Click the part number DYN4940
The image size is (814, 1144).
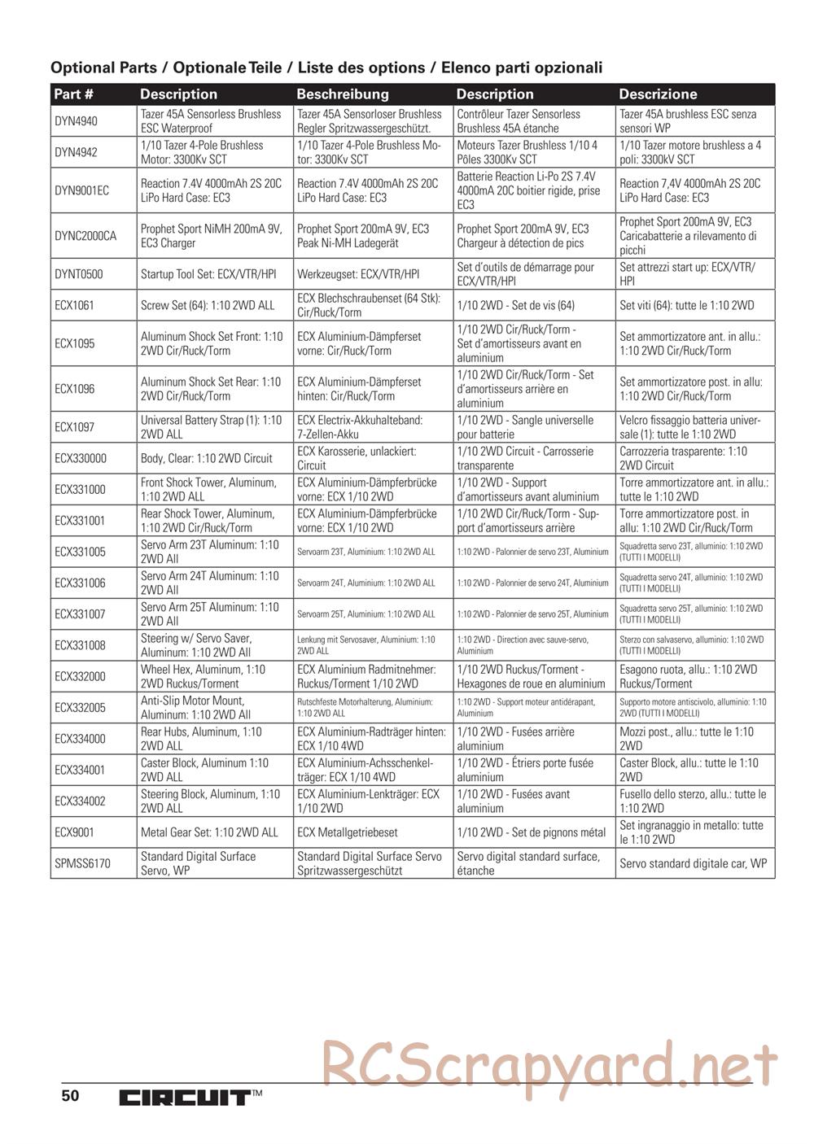pyautogui.click(x=76, y=121)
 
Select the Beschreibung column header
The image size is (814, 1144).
pyautogui.click(x=343, y=94)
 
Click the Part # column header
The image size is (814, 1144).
pyautogui.click(x=74, y=94)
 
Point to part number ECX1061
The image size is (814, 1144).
pyautogui.click(x=74, y=305)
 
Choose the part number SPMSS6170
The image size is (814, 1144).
pyautogui.click(x=82, y=863)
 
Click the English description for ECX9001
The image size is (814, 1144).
pyautogui.click(x=209, y=832)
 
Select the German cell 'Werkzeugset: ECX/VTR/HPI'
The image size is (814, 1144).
pyautogui.click(x=358, y=274)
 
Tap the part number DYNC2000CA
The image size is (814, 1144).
pyautogui.click(x=85, y=236)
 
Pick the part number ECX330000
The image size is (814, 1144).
pyautogui.click(x=81, y=458)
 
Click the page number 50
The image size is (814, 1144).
pyautogui.click(x=70, y=1095)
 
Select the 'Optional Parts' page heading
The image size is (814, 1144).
pyautogui.click(x=326, y=68)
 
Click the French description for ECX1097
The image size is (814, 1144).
pyautogui.click(x=525, y=427)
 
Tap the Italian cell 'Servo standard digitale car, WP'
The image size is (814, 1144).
pyautogui.click(x=693, y=863)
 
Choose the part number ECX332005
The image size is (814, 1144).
pyautogui.click(x=81, y=708)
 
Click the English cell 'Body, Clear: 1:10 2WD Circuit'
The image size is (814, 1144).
pyautogui.click(x=207, y=458)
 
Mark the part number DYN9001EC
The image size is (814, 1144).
pyautogui.click(x=82, y=190)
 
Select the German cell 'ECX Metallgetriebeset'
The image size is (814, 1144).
pyautogui.click(x=348, y=832)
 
